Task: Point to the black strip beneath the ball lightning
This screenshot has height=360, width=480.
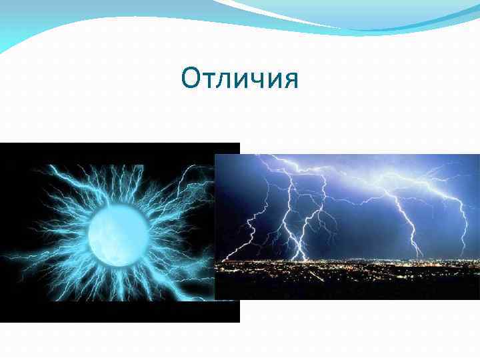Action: [120, 313]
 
